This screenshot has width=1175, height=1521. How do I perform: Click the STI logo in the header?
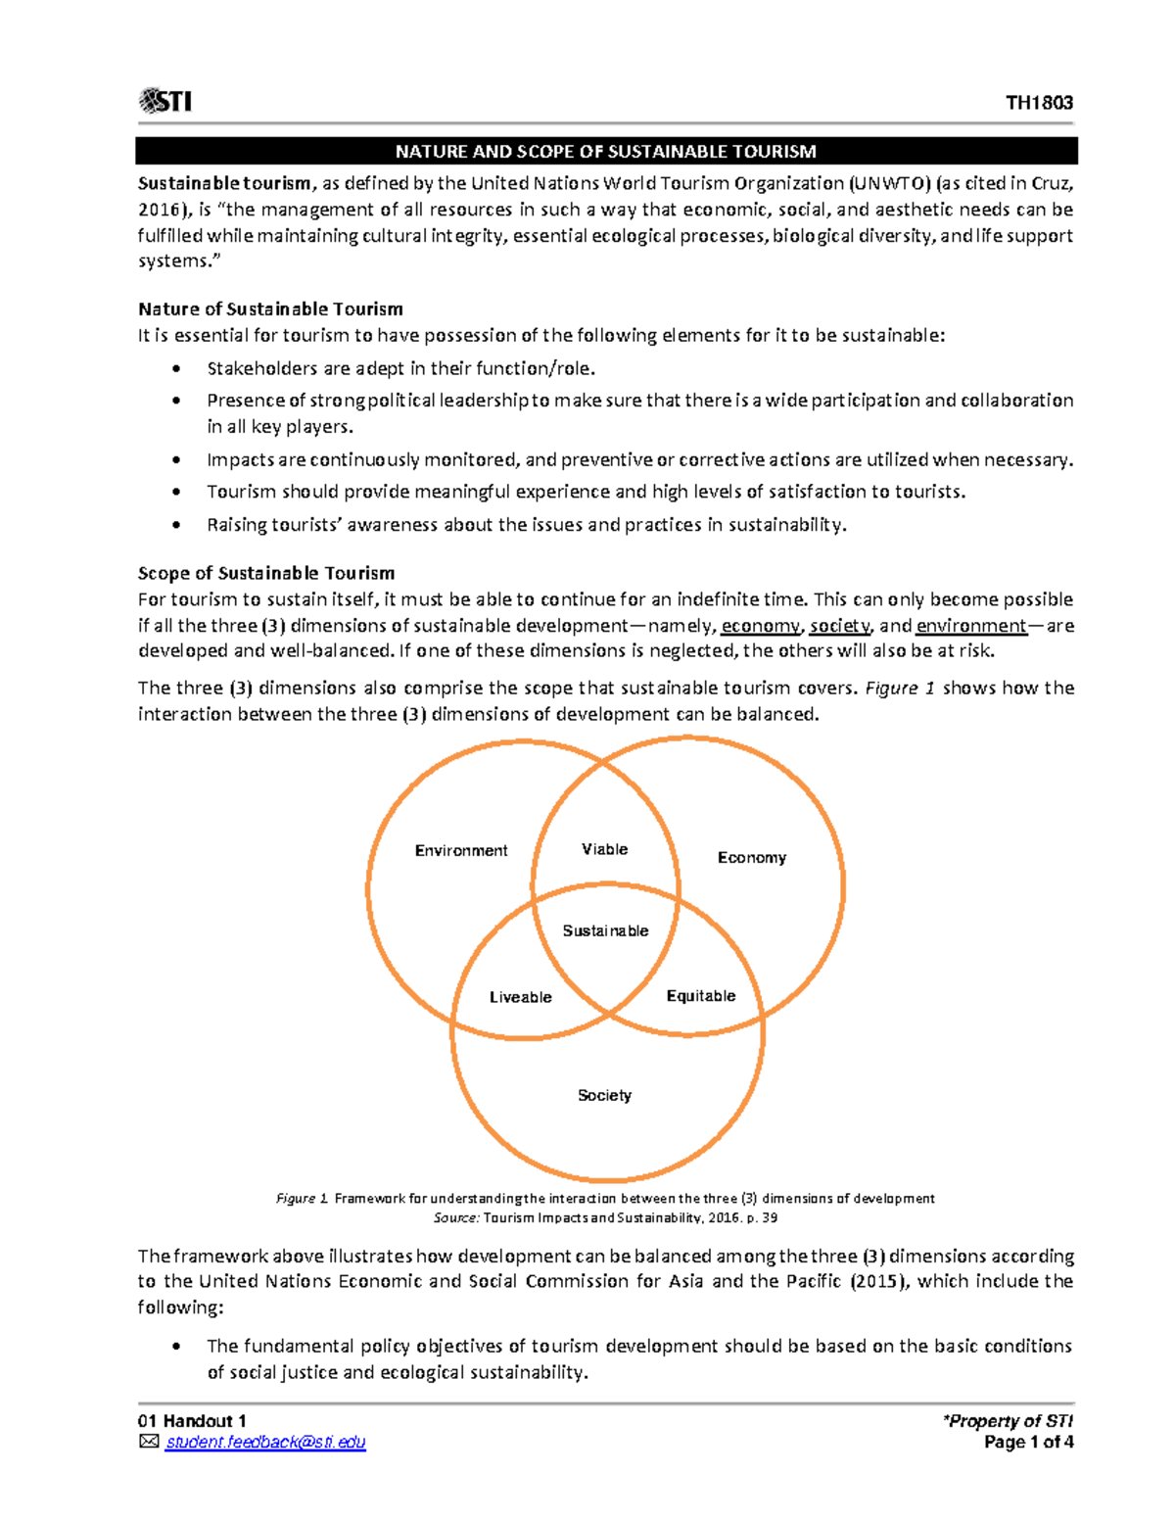(165, 101)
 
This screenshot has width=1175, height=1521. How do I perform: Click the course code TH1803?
(1039, 103)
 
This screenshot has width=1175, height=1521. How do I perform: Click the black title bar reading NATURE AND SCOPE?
(605, 151)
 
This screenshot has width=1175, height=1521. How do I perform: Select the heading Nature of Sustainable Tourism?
(270, 309)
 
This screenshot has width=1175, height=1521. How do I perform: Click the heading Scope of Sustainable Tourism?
(266, 573)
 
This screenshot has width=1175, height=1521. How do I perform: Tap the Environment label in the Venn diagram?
(460, 850)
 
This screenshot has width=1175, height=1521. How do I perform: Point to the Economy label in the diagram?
(751, 857)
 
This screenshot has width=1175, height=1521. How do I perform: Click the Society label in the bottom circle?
(604, 1095)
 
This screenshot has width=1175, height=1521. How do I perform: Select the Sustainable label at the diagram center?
(605, 930)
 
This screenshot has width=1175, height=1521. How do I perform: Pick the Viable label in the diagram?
(604, 849)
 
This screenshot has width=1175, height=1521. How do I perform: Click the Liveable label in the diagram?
(520, 997)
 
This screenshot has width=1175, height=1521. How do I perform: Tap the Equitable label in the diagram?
(700, 996)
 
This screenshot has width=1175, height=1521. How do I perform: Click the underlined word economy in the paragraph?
(760, 626)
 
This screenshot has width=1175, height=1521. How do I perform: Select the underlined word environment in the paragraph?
(970, 626)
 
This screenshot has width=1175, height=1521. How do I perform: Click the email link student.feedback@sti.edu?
(265, 1442)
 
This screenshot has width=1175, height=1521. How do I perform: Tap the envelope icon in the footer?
(149, 1442)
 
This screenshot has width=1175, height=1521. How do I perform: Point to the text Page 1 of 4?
(1028, 1442)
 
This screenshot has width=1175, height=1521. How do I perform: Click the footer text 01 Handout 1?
(192, 1421)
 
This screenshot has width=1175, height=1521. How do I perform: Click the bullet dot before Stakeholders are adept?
(176, 369)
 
